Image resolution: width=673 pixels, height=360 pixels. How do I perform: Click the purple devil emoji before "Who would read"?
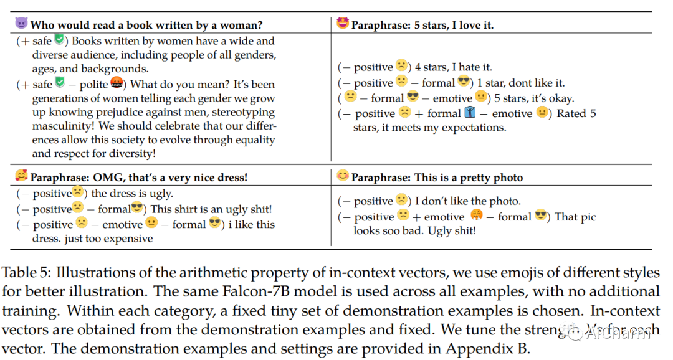click(x=21, y=24)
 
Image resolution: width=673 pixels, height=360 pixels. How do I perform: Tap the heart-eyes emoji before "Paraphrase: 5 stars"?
click(x=342, y=24)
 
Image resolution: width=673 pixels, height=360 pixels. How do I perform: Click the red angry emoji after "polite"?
click(x=117, y=83)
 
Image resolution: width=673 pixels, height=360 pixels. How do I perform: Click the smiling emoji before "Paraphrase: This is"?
click(x=342, y=176)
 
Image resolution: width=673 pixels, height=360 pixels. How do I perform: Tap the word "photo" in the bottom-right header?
click(x=507, y=178)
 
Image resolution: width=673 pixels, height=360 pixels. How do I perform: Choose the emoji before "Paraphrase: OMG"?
click(x=21, y=176)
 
